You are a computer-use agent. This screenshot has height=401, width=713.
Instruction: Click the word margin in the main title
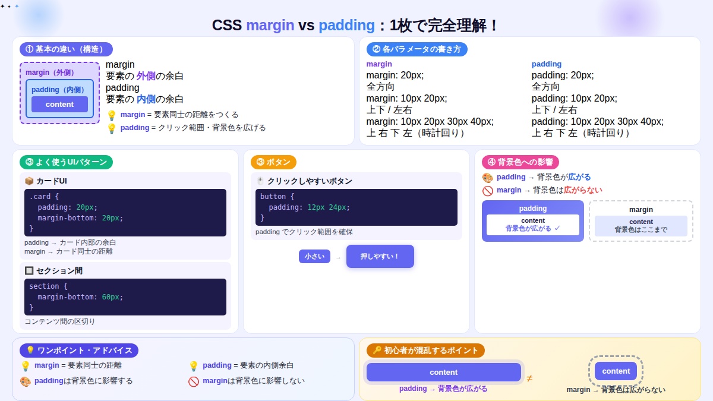(270, 26)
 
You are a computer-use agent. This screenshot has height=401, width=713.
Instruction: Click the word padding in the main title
(346, 26)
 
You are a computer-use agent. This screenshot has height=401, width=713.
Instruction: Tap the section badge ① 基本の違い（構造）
(66, 49)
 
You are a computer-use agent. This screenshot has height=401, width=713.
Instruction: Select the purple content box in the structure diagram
(59, 105)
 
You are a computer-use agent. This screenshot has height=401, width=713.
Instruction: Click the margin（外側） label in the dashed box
(51, 72)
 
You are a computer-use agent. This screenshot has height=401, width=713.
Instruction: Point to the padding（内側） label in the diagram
(59, 90)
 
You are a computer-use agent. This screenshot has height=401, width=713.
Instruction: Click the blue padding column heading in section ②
(546, 64)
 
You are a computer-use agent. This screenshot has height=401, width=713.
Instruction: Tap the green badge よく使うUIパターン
(66, 162)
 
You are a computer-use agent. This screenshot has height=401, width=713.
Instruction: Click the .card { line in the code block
(44, 196)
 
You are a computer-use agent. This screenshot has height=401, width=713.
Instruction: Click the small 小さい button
(314, 257)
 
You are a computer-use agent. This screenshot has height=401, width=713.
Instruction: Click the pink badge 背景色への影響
(520, 162)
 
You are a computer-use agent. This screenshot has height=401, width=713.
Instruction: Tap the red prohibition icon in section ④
(488, 191)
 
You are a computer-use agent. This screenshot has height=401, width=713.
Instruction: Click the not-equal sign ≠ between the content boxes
(529, 378)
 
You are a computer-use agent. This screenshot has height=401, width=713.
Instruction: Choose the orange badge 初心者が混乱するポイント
(425, 351)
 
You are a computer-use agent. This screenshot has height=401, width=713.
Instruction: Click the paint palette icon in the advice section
(26, 381)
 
